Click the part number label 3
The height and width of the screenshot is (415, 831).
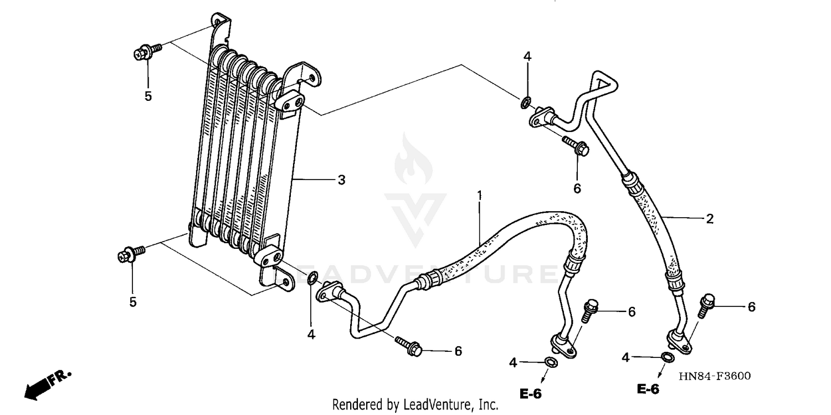[341, 180]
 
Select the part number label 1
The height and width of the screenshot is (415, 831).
[480, 195]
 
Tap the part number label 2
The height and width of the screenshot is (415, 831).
[710, 218]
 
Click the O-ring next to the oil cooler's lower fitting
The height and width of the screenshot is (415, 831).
[312, 278]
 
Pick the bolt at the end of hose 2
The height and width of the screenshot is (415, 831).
[705, 305]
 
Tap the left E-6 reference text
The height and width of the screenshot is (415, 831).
[530, 394]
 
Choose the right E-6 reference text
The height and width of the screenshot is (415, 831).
[648, 390]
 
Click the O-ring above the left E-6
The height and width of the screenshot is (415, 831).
[550, 363]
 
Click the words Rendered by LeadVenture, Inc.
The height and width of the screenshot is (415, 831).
[415, 404]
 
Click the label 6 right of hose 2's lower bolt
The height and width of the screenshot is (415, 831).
[751, 306]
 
